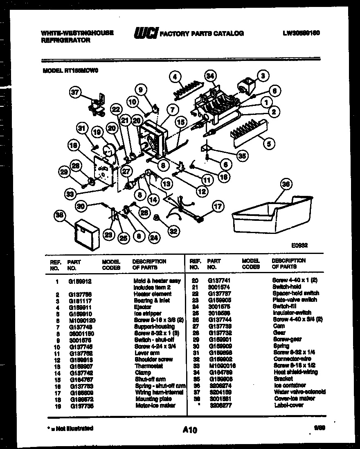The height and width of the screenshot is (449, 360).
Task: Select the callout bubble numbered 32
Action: click(x=173, y=231)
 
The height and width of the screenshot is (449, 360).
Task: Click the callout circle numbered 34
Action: click(x=210, y=76)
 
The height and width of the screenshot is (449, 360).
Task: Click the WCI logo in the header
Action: click(x=146, y=33)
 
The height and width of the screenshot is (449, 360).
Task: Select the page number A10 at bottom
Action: click(x=190, y=429)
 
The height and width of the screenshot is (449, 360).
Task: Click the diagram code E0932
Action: click(x=299, y=246)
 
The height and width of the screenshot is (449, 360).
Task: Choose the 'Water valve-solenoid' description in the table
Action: click(x=299, y=392)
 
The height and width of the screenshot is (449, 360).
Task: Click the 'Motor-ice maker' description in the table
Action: click(x=155, y=405)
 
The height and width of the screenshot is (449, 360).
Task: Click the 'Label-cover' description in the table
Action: click(x=288, y=405)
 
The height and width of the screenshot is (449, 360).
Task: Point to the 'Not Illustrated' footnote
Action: click(x=70, y=428)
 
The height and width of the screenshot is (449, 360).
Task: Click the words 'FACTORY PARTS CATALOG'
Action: click(x=202, y=33)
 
